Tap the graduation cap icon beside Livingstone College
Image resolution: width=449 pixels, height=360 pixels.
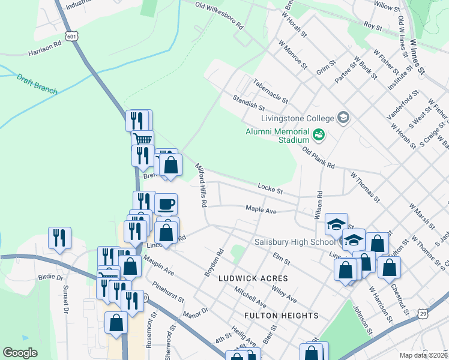point(343,116)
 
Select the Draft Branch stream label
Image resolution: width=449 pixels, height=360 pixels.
point(37,84)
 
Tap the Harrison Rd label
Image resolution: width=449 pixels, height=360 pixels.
point(44,49)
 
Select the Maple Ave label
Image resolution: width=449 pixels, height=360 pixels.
point(261,211)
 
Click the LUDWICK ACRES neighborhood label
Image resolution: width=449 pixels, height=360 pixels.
point(253,278)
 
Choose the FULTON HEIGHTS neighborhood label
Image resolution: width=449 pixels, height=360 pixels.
point(281,315)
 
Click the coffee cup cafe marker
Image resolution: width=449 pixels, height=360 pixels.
point(166,203)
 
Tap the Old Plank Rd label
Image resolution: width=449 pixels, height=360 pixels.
point(318,157)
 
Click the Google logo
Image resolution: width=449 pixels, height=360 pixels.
point(20,353)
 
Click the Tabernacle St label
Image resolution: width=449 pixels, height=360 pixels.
point(271,91)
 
